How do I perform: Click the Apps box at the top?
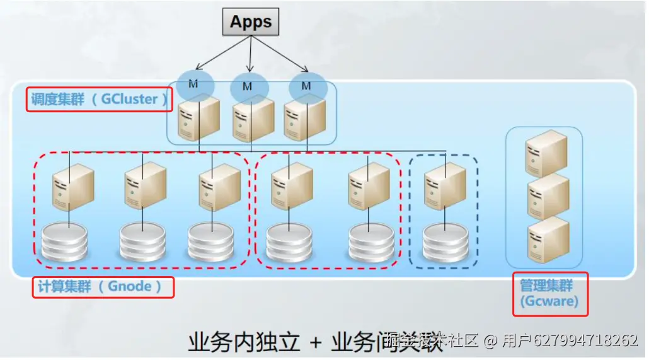[x=251, y=22]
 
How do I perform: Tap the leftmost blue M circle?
[x=195, y=84]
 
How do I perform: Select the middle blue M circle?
[x=248, y=86]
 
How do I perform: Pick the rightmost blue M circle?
[x=307, y=85]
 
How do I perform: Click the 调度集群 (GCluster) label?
[x=99, y=100]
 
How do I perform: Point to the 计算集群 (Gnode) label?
[x=102, y=287]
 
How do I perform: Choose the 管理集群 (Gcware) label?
[x=549, y=294]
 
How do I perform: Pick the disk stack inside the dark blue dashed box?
[x=445, y=243]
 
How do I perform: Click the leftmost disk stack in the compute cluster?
[x=64, y=243]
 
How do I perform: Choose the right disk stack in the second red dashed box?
[x=371, y=243]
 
